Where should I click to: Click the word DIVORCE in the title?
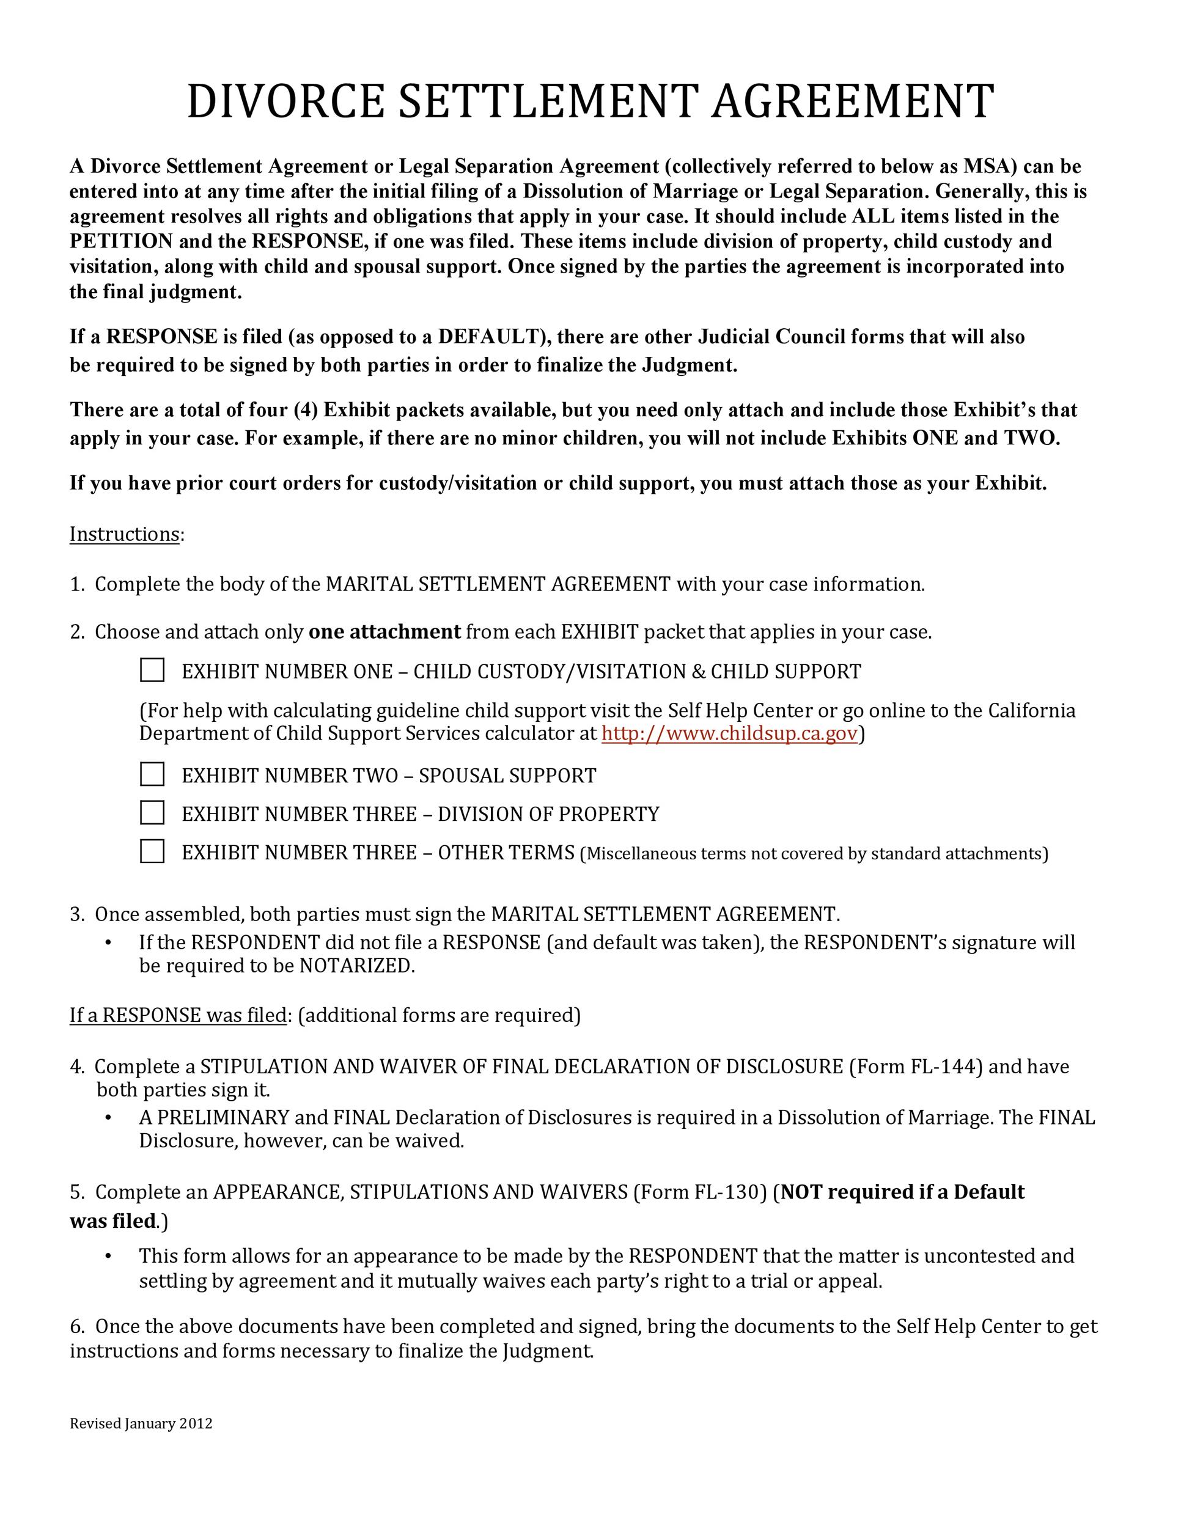pos(285,101)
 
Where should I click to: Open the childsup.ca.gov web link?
pos(729,734)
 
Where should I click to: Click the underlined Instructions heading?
pos(125,535)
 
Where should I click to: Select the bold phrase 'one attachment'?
pos(384,633)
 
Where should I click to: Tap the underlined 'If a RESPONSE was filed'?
pos(178,1015)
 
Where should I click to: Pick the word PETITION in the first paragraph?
pos(121,241)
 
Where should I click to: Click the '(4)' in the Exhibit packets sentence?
pos(306,410)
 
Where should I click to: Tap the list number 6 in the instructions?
pos(76,1326)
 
